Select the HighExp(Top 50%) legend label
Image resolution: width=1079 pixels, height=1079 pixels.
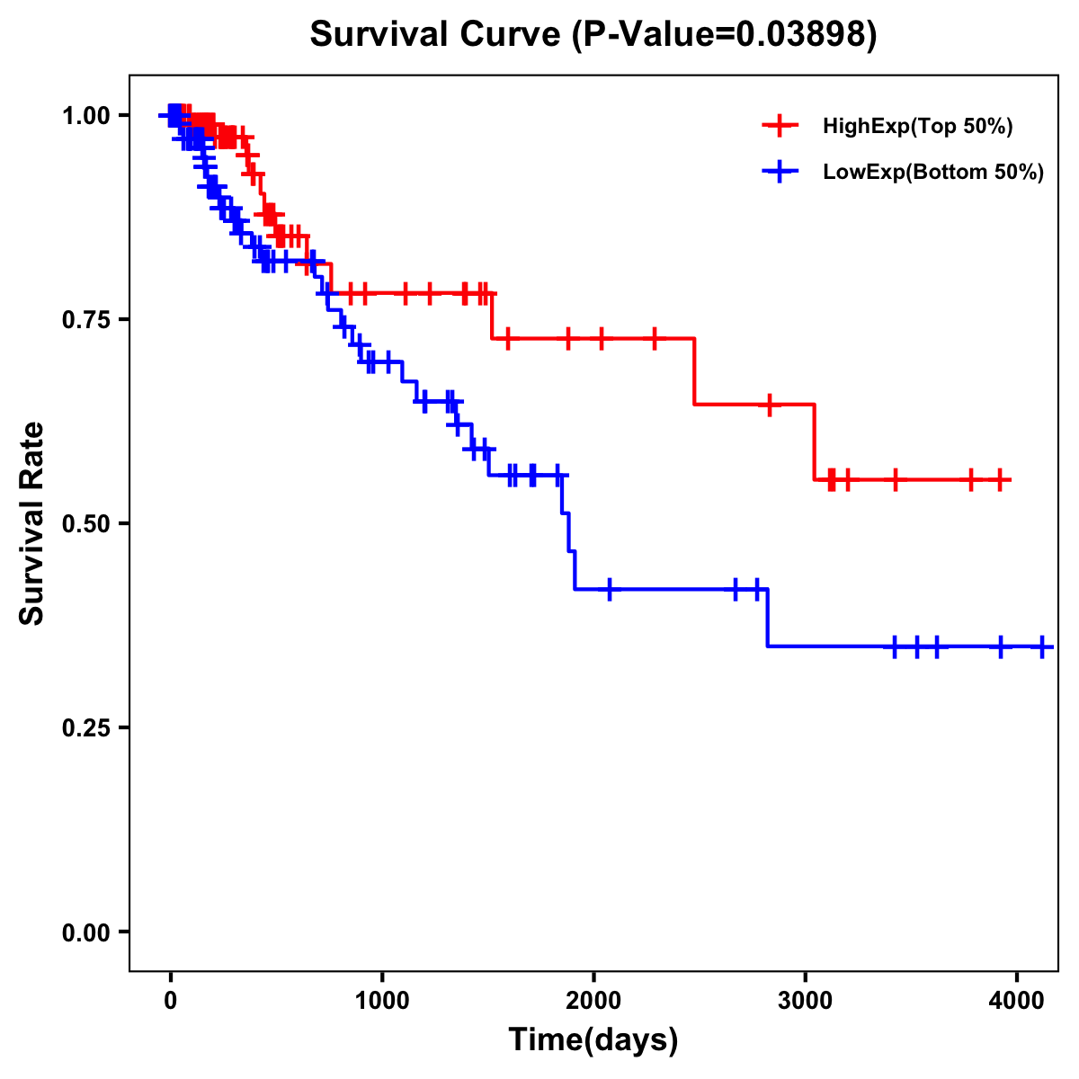click(917, 127)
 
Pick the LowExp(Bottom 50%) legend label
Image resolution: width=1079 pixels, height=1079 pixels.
click(933, 172)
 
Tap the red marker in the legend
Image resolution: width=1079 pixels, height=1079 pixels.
click(780, 126)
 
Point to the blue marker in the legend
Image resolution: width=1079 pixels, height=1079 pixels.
click(780, 171)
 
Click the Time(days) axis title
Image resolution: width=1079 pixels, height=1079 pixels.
click(593, 1040)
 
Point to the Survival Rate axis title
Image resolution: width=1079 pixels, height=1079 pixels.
click(32, 523)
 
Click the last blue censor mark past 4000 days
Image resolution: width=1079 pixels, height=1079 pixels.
click(1042, 647)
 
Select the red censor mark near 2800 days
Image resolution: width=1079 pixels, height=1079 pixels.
click(770, 405)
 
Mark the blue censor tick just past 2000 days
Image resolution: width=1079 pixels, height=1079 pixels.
click(610, 589)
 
